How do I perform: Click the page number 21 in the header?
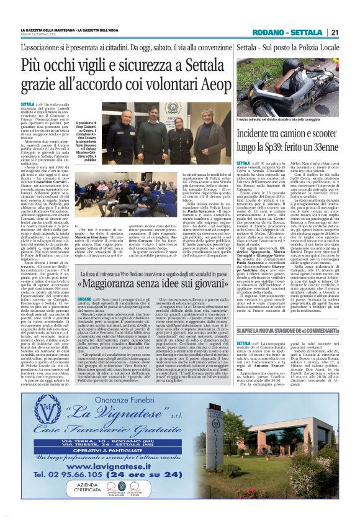click(334, 32)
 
